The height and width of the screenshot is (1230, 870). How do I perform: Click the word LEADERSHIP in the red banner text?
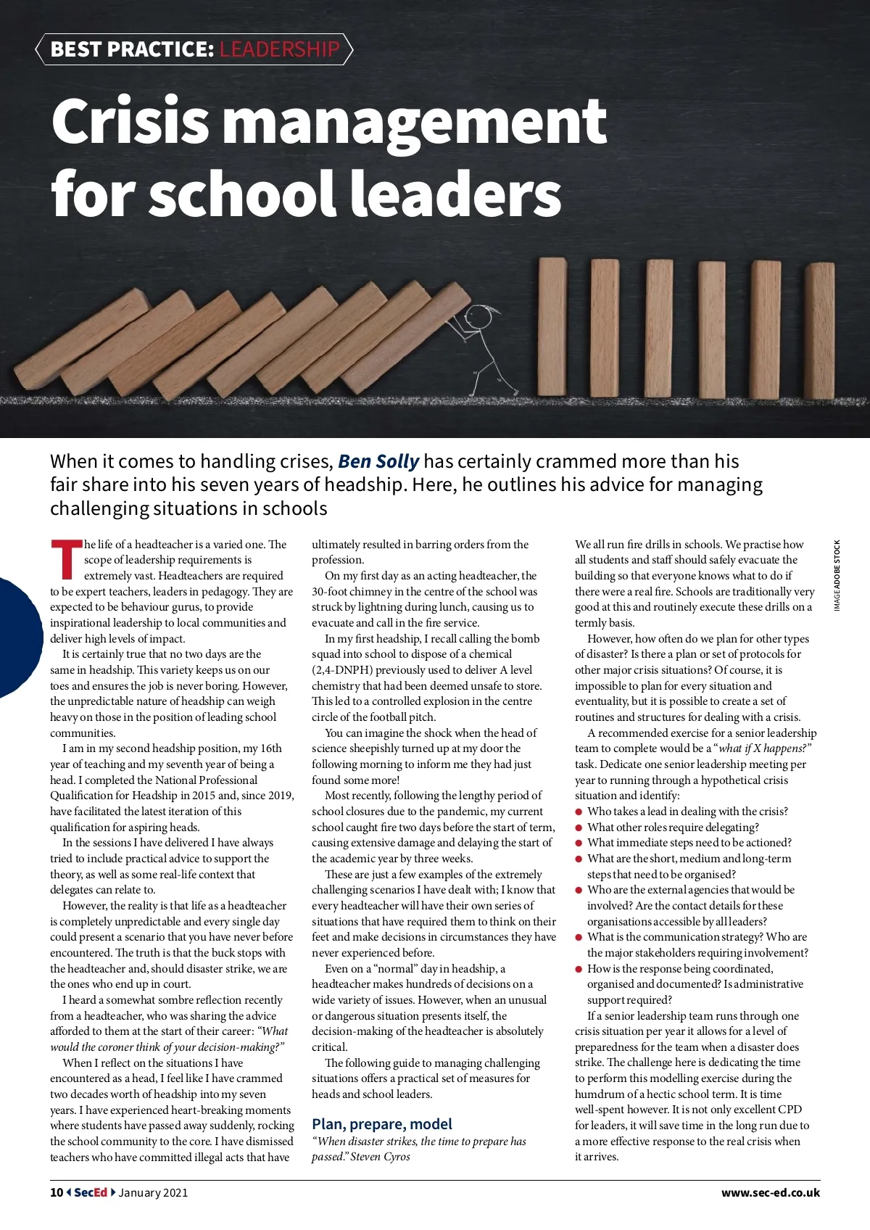pyautogui.click(x=279, y=49)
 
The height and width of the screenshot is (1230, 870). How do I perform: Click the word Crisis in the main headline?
pyautogui.click(x=130, y=121)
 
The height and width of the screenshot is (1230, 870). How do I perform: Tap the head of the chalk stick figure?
pyautogui.click(x=478, y=316)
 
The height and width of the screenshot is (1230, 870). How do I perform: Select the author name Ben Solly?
pyautogui.click(x=378, y=461)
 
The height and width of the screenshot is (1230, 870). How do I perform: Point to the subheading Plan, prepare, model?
pyautogui.click(x=381, y=1124)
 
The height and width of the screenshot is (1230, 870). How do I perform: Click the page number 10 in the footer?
pyautogui.click(x=57, y=1192)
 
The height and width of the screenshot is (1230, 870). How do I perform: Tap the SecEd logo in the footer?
pyautogui.click(x=91, y=1192)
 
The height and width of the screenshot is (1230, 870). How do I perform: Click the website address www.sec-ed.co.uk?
pyautogui.click(x=770, y=1192)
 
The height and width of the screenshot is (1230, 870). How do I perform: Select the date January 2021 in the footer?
pyautogui.click(x=153, y=1192)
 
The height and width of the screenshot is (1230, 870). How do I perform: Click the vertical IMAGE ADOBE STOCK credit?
pyautogui.click(x=837, y=575)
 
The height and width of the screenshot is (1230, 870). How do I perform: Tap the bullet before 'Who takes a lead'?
pyautogui.click(x=579, y=812)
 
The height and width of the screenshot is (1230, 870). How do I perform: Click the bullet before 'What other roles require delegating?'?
pyautogui.click(x=579, y=827)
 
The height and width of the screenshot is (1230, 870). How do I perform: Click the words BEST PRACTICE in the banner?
pyautogui.click(x=132, y=49)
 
